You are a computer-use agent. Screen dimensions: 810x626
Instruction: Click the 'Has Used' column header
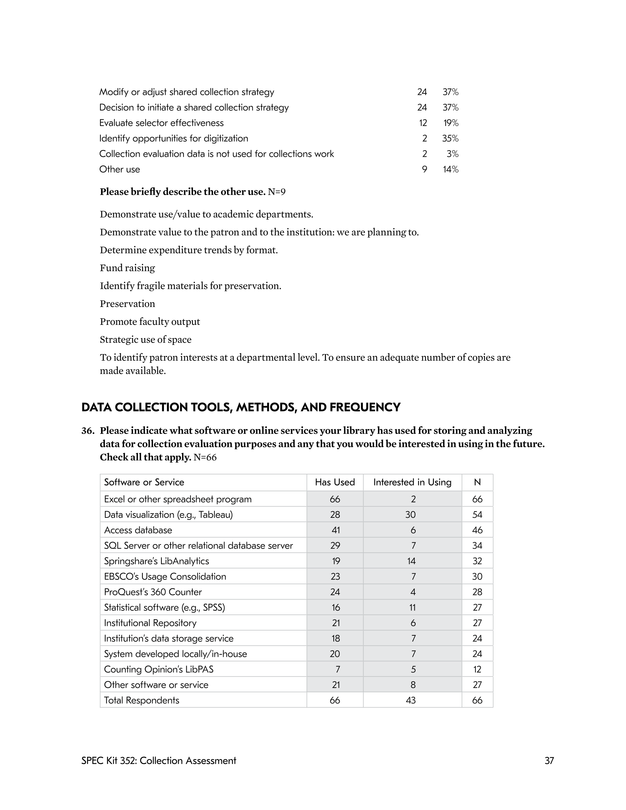pos(335,482)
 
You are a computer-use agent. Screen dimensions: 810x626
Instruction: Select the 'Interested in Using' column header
pos(412,482)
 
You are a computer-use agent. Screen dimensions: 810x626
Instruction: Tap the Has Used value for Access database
pos(335,530)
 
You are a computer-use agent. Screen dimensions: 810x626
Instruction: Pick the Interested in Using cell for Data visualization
pos(411,514)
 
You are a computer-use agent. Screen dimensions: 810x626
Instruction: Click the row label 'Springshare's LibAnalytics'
pos(156,561)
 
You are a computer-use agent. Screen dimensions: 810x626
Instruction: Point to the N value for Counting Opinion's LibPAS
pos(477,669)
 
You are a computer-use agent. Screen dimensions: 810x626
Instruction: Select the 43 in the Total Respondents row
pos(411,700)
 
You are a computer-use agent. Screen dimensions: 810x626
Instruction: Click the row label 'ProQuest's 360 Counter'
pos(153,592)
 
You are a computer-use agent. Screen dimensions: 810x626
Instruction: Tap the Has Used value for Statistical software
pos(335,608)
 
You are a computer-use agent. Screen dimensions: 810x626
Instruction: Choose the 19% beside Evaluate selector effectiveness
pos(451,123)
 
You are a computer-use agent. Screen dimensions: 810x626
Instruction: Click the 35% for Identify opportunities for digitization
pos(450,138)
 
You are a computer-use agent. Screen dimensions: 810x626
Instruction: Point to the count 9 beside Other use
pos(425,169)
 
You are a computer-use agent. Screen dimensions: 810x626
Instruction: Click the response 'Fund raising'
pos(127,268)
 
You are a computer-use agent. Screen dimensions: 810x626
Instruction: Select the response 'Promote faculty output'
pos(149,322)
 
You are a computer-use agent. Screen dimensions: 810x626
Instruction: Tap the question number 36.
pos(88,430)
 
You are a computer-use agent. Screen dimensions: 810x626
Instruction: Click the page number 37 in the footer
pos(549,761)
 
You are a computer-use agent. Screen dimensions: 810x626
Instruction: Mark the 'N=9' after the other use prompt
pos(277,192)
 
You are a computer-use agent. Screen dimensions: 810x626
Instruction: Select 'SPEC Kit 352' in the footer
pos(108,761)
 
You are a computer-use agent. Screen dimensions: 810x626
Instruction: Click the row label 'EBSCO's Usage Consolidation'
pos(165,576)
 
